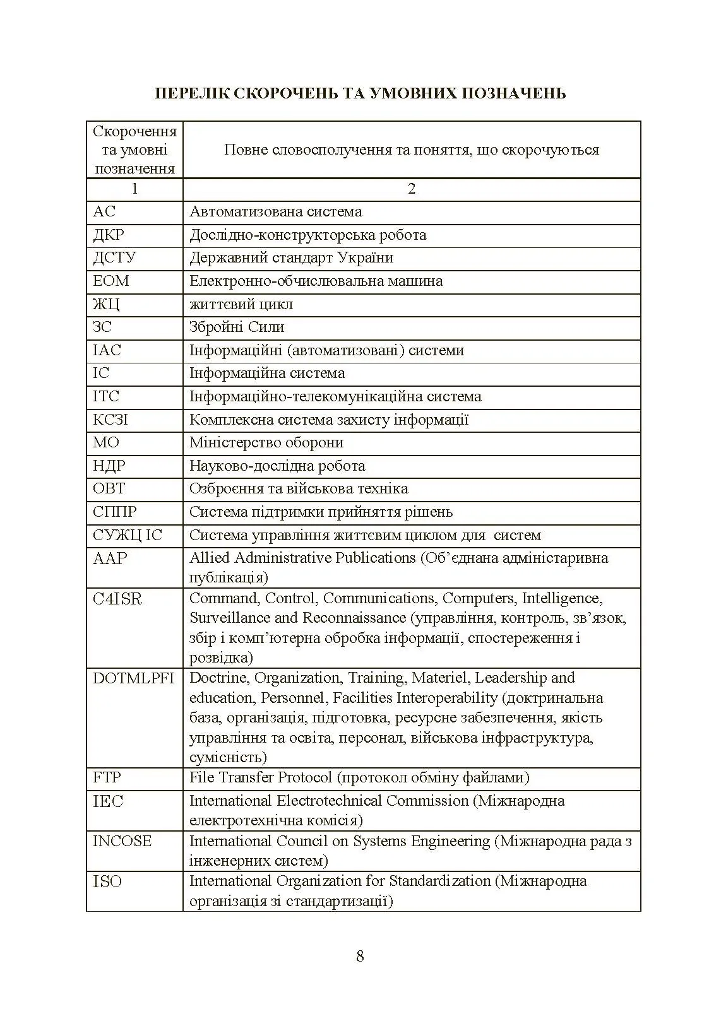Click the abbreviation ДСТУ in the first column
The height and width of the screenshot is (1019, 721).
tap(114, 257)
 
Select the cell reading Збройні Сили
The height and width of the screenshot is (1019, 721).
tap(237, 327)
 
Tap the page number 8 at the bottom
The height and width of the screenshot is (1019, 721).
tap(360, 956)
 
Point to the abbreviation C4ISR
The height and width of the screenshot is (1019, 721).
tap(117, 599)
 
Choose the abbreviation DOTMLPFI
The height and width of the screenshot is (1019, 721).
tap(133, 678)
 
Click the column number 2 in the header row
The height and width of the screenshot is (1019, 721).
tap(412, 189)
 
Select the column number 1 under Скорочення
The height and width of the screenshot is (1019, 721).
tap(134, 189)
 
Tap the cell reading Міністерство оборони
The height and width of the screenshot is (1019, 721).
tap(266, 442)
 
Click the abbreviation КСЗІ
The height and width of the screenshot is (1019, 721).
tap(110, 420)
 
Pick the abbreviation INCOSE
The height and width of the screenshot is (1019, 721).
tap(122, 841)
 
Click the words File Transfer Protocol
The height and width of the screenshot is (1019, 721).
tap(260, 777)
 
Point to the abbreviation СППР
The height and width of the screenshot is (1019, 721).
tap(114, 512)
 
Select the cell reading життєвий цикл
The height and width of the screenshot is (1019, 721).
tap(241, 304)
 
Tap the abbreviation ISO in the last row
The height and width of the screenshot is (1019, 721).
tap(107, 881)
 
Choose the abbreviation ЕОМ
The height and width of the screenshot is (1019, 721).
tap(110, 281)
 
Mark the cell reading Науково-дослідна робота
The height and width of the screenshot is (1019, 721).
tap(277, 466)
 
